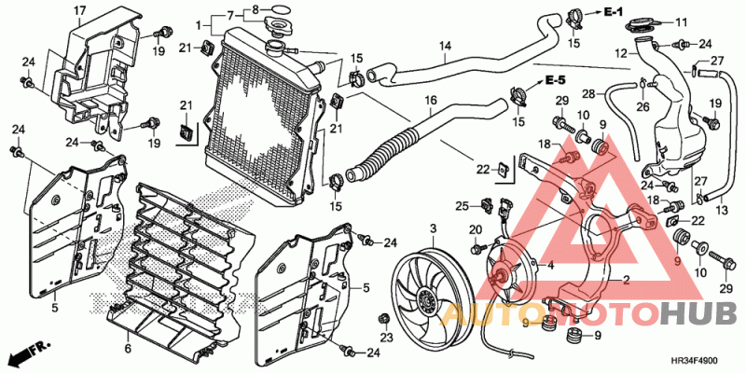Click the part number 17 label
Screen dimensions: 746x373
point(79,9)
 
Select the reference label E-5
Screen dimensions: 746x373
point(555,79)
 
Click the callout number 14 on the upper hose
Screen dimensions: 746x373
point(445,46)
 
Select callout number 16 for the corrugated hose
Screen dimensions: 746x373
point(431,101)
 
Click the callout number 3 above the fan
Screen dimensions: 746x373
point(433,228)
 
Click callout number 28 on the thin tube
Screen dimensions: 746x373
point(588,94)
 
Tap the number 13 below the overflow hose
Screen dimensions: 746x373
point(722,210)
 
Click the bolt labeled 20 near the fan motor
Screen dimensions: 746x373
point(476,249)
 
